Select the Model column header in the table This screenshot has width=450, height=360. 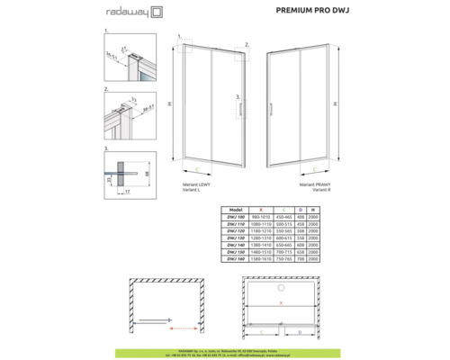tap(237, 208)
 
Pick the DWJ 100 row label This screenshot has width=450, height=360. tap(237, 215)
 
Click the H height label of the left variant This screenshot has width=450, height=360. tap(169, 103)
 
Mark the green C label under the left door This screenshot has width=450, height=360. tap(195, 167)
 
